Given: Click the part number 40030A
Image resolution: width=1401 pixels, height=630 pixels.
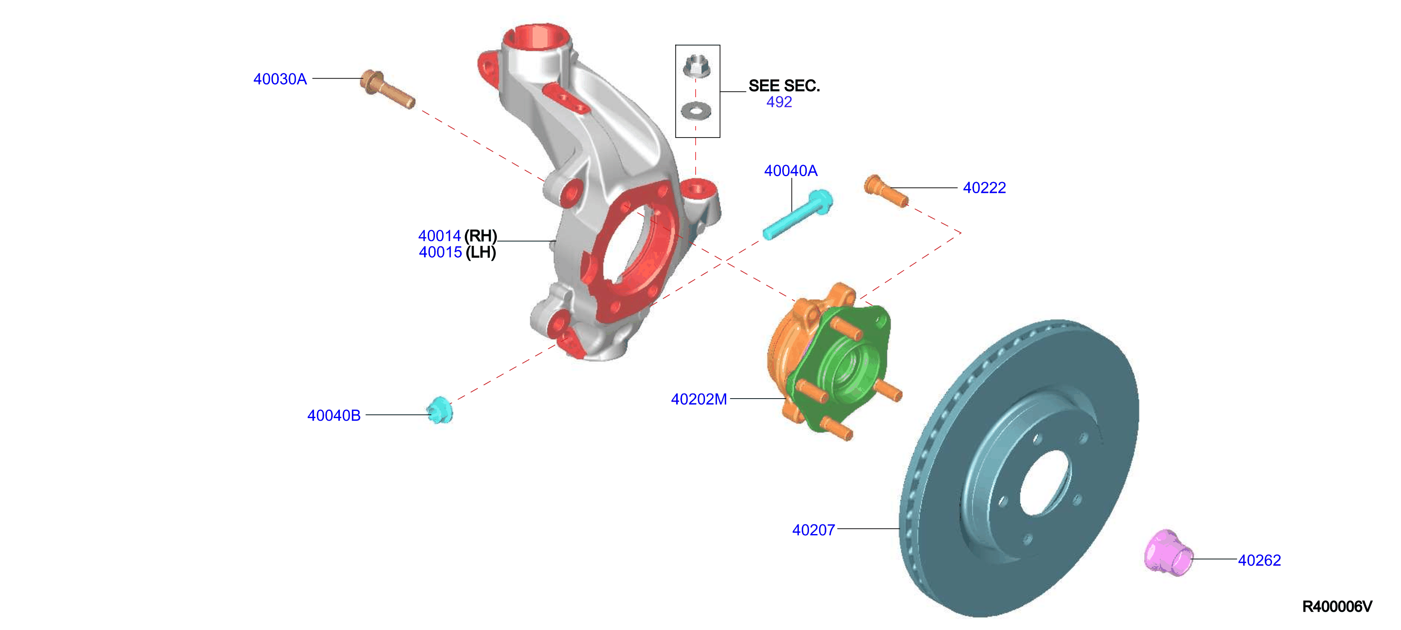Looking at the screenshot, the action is coord(280,79).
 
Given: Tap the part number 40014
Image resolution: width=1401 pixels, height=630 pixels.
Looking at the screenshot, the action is coord(439,236).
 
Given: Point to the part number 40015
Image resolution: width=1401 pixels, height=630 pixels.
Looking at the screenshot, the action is coord(440,253).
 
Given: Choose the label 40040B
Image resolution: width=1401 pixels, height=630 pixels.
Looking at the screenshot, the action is coord(334,416).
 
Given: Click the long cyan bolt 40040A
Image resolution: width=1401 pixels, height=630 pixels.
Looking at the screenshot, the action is coord(797,214).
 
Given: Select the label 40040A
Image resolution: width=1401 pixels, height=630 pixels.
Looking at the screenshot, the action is coord(791,171).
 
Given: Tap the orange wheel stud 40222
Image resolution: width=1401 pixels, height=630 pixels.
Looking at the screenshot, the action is coord(886,191).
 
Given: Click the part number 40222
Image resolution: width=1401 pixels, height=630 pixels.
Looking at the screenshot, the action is coord(984,188).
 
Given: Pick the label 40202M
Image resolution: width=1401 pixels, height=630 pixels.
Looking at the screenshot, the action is coord(699,399).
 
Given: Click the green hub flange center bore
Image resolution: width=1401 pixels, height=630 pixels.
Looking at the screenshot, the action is coord(847,369).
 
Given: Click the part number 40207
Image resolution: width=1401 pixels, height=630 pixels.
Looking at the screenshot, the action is coord(813,530).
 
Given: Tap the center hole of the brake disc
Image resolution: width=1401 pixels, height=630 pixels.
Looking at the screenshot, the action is coord(1045,483).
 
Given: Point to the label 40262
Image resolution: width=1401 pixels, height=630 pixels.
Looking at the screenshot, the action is coord(1260,560).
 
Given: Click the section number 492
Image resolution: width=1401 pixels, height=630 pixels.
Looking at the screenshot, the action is coord(779,102).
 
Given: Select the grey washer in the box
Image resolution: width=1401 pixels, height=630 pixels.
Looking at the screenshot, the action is coord(696,111).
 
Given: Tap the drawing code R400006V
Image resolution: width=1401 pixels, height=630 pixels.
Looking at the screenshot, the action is coord(1337,607).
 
